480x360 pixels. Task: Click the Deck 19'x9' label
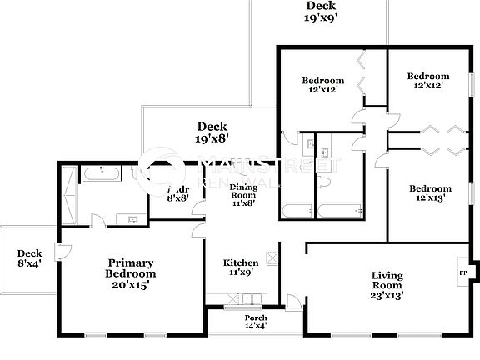click(x=321, y=11)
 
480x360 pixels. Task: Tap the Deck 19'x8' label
click(x=212, y=133)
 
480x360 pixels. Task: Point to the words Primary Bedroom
click(x=131, y=267)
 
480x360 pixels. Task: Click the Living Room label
click(x=387, y=282)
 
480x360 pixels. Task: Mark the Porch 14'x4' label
click(x=256, y=323)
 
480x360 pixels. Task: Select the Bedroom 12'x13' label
click(x=431, y=193)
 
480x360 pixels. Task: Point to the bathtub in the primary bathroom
click(x=101, y=175)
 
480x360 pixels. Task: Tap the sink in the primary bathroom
click(x=133, y=219)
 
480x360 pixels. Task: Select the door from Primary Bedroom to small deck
click(x=58, y=250)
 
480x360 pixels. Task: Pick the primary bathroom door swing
click(x=97, y=221)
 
